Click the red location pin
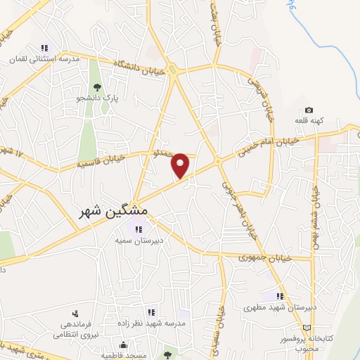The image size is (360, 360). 181,165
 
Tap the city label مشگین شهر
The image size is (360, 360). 110,210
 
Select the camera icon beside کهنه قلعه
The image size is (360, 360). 309,110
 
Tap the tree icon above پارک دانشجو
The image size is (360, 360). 97,86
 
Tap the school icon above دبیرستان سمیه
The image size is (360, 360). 136,228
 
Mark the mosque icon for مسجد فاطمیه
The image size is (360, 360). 123,345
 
